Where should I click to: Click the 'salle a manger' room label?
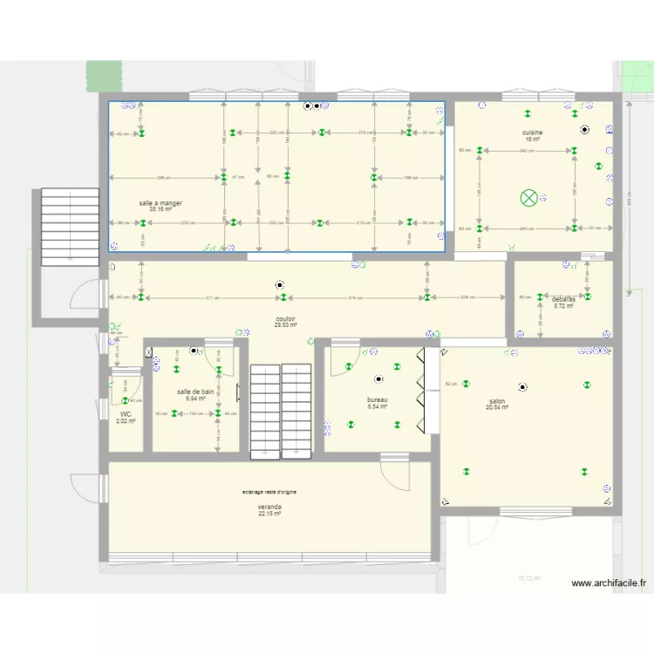pyautogui.click(x=160, y=203)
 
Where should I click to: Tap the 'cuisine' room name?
pyautogui.click(x=533, y=133)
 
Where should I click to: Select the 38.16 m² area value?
pyautogui.click(x=160, y=209)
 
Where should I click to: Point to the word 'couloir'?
pyautogui.click(x=284, y=319)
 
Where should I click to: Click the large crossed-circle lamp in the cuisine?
pyautogui.click(x=529, y=198)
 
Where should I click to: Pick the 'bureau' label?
pyautogui.click(x=377, y=400)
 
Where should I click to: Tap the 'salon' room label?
pyautogui.click(x=497, y=401)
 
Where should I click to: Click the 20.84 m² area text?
pyautogui.click(x=497, y=407)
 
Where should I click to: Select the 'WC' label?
pyautogui.click(x=126, y=415)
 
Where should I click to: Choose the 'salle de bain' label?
pyautogui.click(x=195, y=392)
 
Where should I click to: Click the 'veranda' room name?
pyautogui.click(x=269, y=507)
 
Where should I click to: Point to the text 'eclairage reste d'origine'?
pyautogui.click(x=269, y=493)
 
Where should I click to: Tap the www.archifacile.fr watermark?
pyautogui.click(x=608, y=584)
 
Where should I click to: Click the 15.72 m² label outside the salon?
pyautogui.click(x=529, y=578)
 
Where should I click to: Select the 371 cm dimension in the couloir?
pyautogui.click(x=212, y=298)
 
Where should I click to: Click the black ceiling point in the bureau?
pyautogui.click(x=378, y=379)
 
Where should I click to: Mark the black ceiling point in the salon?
pyautogui.click(x=522, y=386)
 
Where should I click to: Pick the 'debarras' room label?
pyautogui.click(x=563, y=300)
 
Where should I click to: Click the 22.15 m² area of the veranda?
pyautogui.click(x=269, y=514)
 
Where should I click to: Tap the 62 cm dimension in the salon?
pyautogui.click(x=451, y=384)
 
